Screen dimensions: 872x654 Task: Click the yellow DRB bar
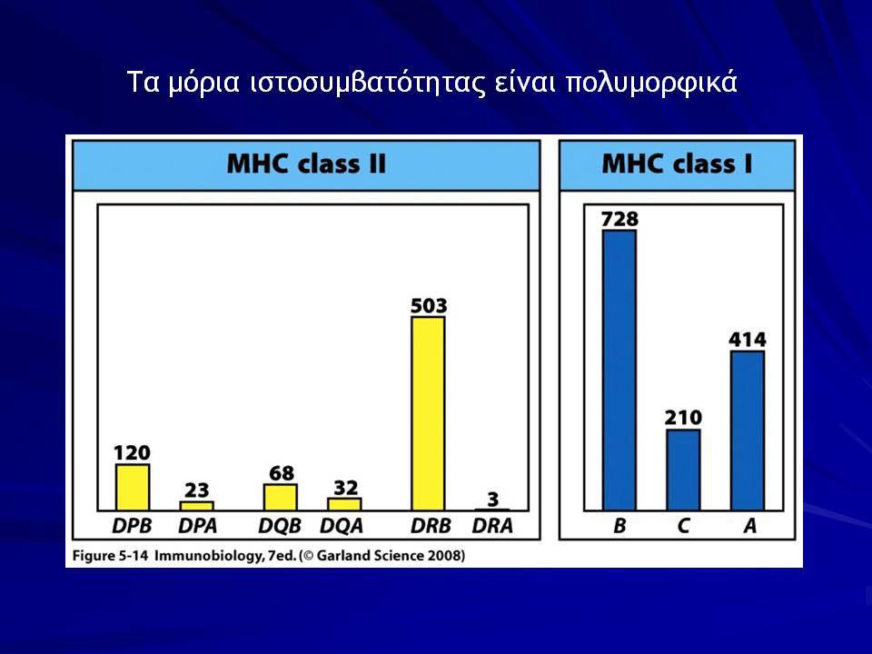(428, 413)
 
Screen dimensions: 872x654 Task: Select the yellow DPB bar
(133, 487)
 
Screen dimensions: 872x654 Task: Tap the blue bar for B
(619, 370)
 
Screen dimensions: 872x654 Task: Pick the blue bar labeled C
(683, 470)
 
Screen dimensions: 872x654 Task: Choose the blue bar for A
(748, 431)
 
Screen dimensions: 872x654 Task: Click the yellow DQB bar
(281, 497)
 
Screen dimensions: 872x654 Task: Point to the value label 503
(429, 305)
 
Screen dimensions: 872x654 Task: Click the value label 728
(619, 219)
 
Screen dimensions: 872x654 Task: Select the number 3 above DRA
(492, 500)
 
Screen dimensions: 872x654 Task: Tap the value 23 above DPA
(197, 490)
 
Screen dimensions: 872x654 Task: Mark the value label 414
(748, 339)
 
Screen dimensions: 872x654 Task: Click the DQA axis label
(342, 526)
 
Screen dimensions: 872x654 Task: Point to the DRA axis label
(492, 526)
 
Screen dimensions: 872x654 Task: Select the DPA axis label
(197, 526)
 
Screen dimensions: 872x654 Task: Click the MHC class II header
(306, 164)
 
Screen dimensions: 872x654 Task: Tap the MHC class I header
(678, 164)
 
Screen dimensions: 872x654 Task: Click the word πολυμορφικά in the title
(651, 83)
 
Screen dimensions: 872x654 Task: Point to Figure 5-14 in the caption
(110, 556)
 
